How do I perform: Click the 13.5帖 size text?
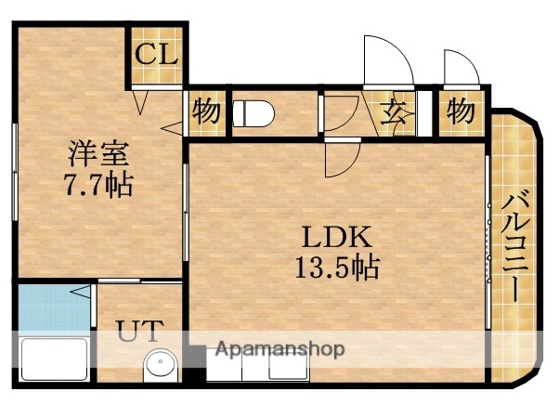[335, 269]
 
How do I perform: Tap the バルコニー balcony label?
[515, 245]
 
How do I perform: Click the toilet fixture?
[253, 114]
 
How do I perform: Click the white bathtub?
[52, 359]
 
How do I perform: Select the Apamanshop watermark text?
[279, 349]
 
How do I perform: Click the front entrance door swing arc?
[388, 60]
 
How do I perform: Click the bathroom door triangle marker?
[83, 294]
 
